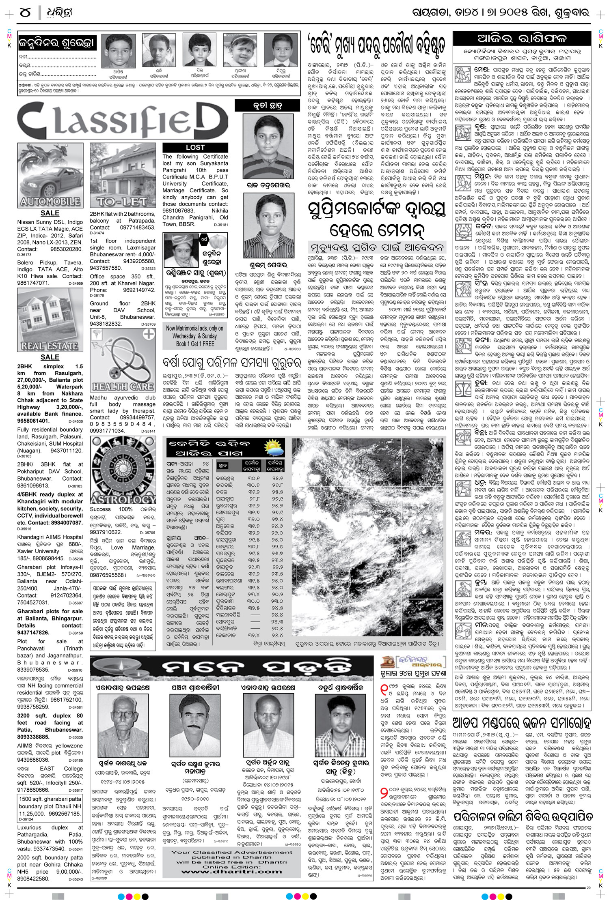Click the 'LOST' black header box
(195, 147)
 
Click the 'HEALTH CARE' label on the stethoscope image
(122, 386)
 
